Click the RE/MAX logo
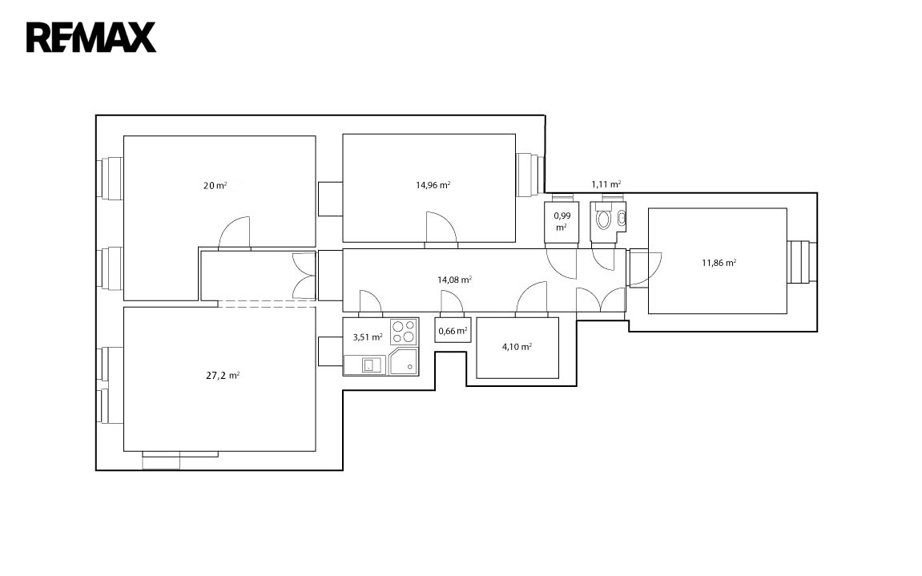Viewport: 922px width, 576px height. tap(91, 38)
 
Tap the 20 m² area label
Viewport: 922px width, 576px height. tap(215, 185)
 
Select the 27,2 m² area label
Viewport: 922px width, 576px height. tap(223, 376)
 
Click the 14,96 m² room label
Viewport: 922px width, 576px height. tap(433, 185)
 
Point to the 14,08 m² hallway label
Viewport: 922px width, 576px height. tap(454, 280)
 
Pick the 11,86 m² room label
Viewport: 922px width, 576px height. tap(719, 263)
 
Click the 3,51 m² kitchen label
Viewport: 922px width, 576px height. tap(368, 337)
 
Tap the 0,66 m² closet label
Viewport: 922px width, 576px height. tap(453, 331)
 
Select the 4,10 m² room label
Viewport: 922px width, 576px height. tap(517, 347)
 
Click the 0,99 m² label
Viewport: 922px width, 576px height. tap(562, 221)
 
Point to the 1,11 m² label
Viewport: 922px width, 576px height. tap(606, 184)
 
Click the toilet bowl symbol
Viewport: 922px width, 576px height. tap(603, 220)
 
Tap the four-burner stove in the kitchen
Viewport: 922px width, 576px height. tap(404, 332)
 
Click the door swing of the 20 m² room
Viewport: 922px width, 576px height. tap(234, 233)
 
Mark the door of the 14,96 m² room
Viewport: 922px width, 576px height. tap(441, 228)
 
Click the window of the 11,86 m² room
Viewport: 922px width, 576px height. tap(802, 262)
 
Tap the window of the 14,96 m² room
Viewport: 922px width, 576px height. tap(530, 175)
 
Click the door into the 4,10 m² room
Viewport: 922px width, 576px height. tap(532, 297)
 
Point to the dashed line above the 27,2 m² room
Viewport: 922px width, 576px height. tap(267, 304)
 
